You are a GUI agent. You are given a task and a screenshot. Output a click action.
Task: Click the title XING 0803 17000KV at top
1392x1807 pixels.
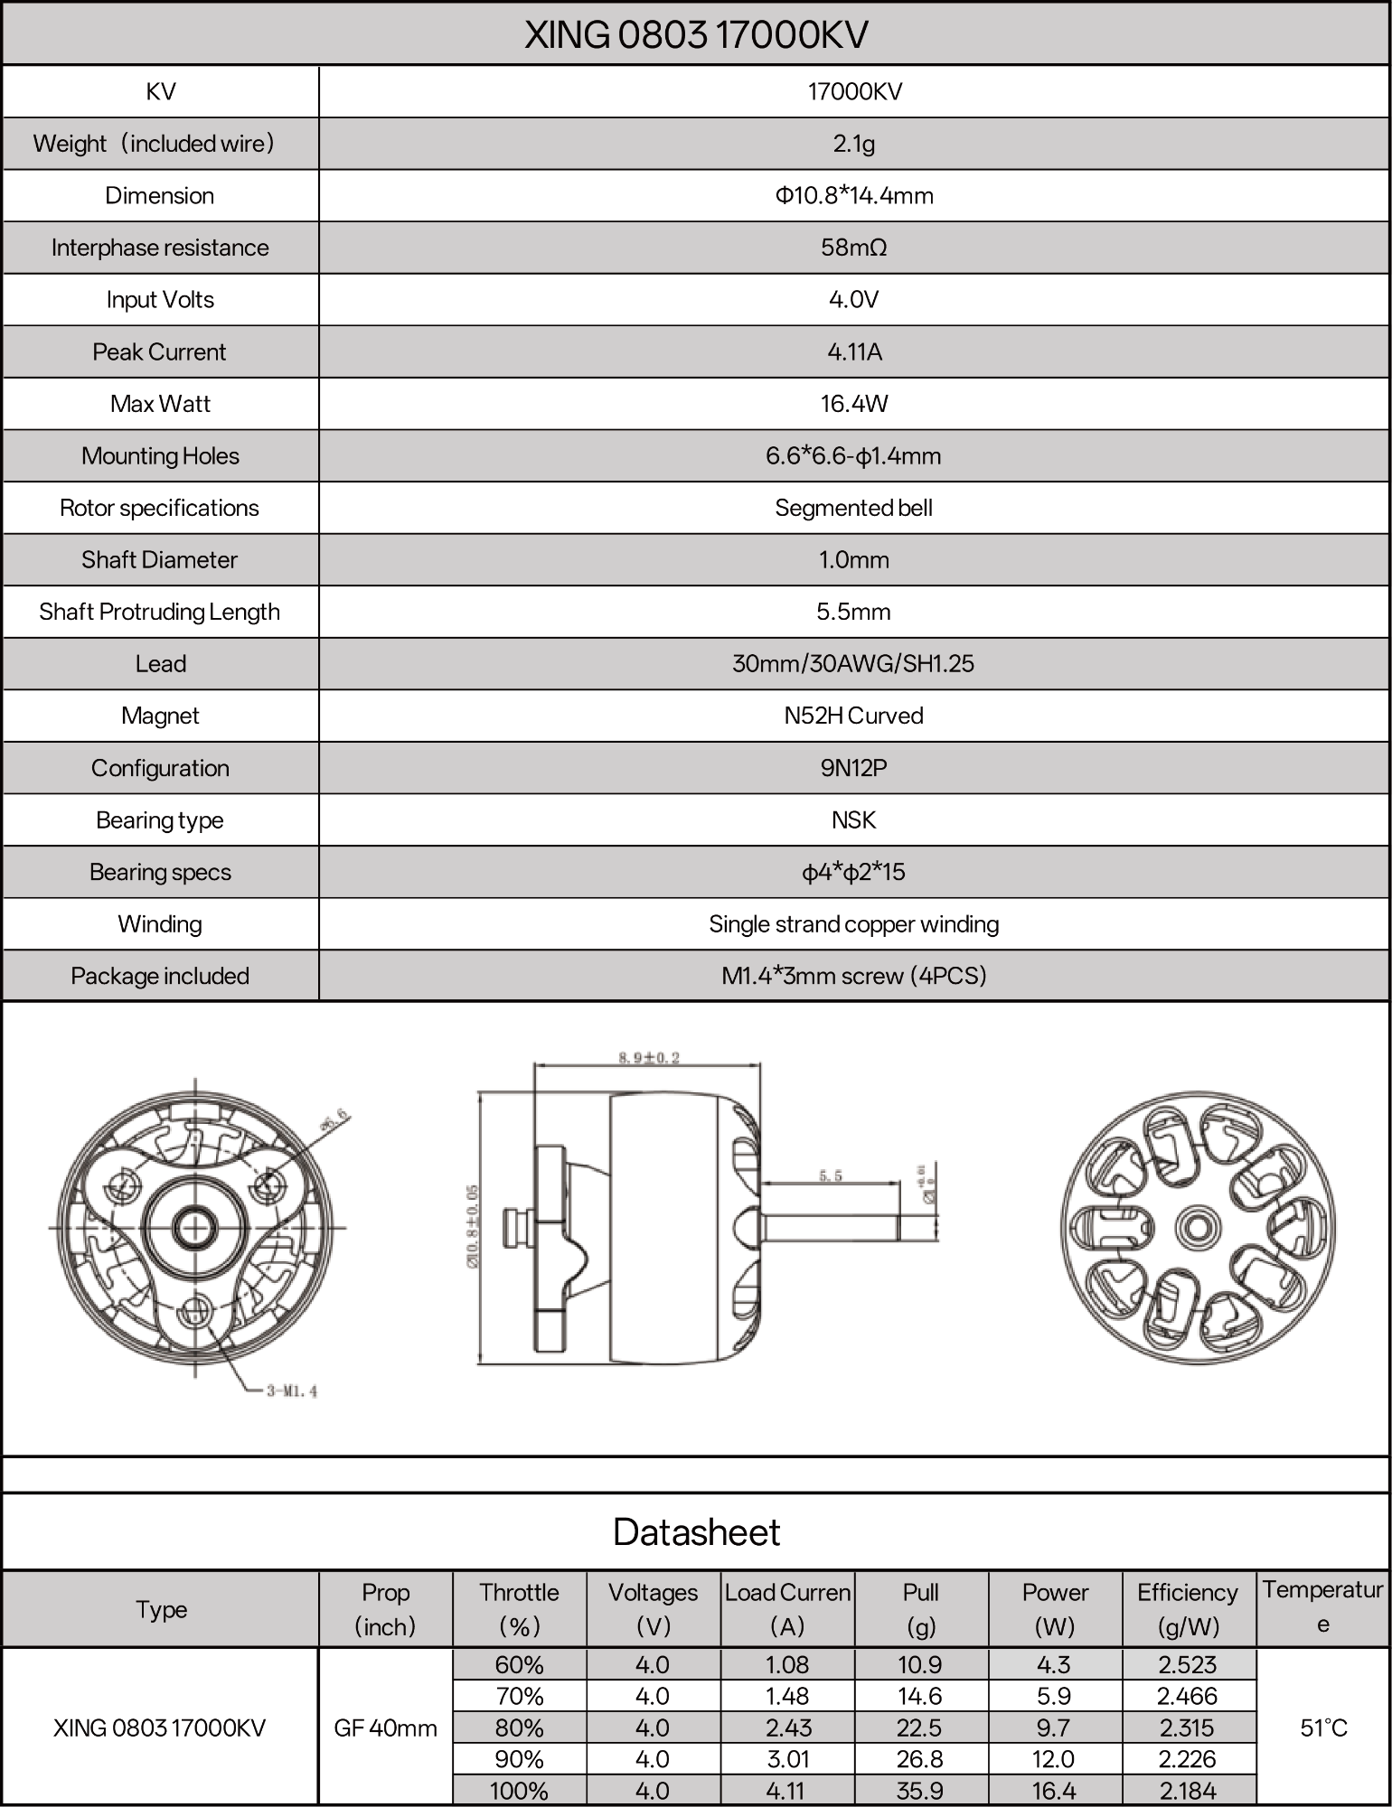(x=696, y=35)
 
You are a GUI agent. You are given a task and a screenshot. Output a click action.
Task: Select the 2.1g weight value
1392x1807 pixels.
(x=853, y=144)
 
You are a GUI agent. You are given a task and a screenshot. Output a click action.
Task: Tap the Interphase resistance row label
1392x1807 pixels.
(x=160, y=248)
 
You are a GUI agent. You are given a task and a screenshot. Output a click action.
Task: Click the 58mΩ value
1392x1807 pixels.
(x=853, y=248)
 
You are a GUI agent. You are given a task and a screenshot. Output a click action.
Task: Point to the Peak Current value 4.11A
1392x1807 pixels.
(x=853, y=351)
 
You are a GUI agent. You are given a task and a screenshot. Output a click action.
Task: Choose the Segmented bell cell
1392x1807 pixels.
(x=853, y=508)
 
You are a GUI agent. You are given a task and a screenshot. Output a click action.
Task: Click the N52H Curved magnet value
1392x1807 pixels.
(x=853, y=716)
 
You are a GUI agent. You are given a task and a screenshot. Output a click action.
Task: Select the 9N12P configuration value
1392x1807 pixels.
(x=853, y=768)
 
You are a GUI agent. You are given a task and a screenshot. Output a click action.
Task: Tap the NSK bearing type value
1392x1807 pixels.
(x=853, y=819)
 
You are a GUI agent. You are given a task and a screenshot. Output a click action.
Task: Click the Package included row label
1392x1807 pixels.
(x=160, y=976)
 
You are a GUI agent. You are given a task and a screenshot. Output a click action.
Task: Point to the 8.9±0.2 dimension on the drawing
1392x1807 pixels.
(x=649, y=1057)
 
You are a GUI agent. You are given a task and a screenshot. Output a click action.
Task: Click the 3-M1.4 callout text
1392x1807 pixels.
(x=291, y=1391)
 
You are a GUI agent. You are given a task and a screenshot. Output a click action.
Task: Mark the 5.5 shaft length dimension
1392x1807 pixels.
(x=830, y=1175)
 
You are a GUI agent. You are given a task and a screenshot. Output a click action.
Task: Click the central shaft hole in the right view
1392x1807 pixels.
(x=1198, y=1228)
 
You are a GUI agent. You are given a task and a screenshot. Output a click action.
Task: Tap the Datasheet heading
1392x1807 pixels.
(x=696, y=1532)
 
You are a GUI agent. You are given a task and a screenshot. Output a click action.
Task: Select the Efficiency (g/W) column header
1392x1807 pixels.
(x=1188, y=1609)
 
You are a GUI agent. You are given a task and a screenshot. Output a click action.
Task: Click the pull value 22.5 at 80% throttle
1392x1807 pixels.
(x=919, y=1727)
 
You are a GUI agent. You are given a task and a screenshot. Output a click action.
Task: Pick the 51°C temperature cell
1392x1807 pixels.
(x=1323, y=1727)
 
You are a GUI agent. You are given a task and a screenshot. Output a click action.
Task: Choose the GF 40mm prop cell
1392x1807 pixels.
(x=385, y=1727)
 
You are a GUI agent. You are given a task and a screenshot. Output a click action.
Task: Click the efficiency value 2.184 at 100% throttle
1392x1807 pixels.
(x=1188, y=1791)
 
